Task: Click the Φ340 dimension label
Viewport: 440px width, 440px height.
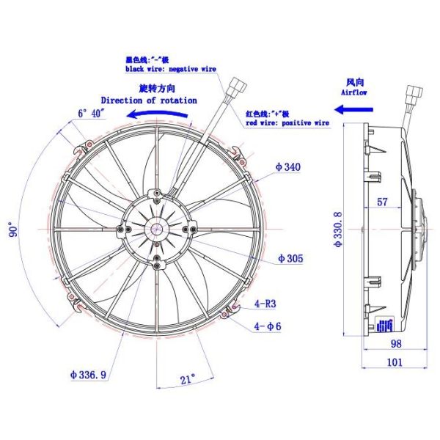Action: [x=287, y=167]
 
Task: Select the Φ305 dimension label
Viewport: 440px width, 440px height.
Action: [x=290, y=259]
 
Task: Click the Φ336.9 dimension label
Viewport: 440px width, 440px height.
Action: [x=88, y=375]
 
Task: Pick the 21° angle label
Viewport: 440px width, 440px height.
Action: [x=188, y=380]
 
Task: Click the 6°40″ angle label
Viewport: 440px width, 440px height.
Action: [x=92, y=113]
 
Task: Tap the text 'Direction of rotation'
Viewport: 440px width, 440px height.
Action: [x=149, y=100]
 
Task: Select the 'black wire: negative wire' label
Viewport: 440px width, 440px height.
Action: [x=172, y=67]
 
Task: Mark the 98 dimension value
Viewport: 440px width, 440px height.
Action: [x=395, y=344]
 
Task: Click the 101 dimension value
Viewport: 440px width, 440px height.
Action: [x=395, y=362]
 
